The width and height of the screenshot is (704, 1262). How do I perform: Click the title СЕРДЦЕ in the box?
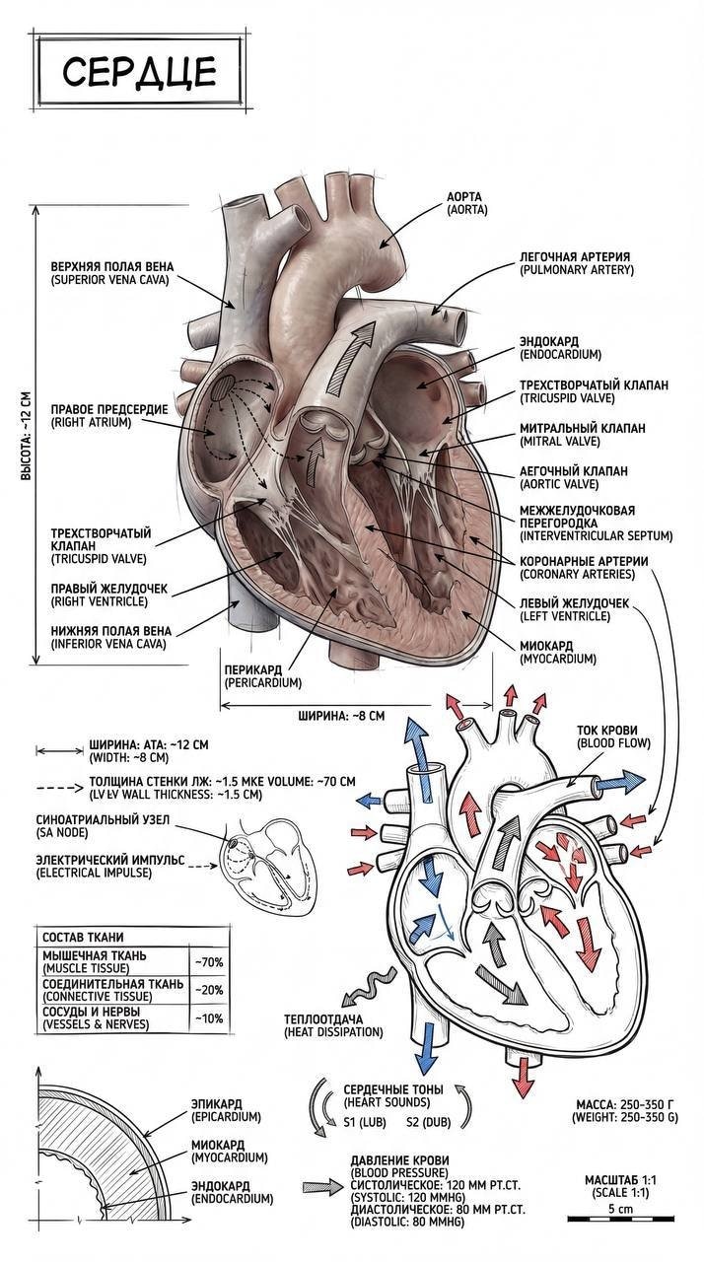139,71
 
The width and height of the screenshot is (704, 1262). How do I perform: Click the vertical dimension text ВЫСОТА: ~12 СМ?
27,435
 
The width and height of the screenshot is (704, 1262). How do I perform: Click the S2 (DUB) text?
429,1122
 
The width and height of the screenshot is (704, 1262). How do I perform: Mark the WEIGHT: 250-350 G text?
625,1117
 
